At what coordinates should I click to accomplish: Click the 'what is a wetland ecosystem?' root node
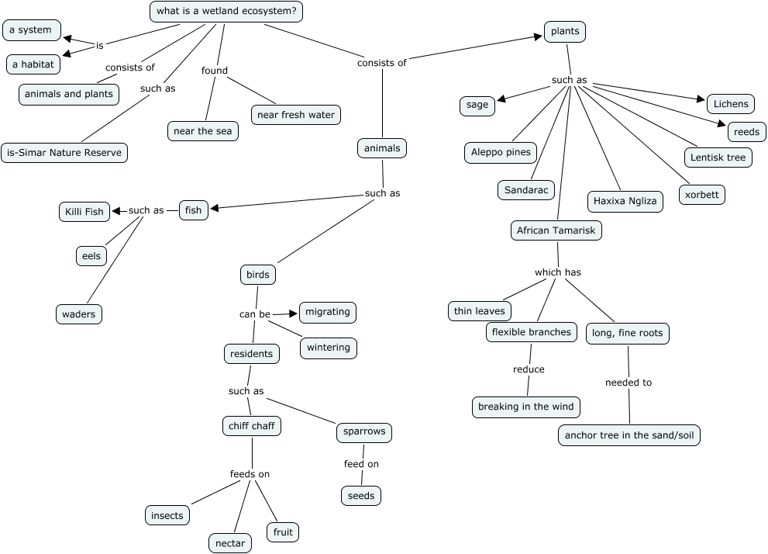point(226,12)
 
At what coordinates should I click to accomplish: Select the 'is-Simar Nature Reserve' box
point(64,153)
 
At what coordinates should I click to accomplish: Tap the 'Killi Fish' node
point(84,211)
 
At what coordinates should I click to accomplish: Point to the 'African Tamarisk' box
point(556,230)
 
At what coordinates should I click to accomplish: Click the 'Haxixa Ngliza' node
point(625,201)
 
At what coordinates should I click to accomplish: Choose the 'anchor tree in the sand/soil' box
point(629,435)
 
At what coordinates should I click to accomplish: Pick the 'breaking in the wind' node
point(525,407)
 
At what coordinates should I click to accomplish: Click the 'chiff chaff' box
point(251,426)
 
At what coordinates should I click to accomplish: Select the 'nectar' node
point(229,543)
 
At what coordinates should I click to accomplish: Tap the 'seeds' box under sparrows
point(361,495)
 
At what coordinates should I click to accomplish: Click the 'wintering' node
point(328,348)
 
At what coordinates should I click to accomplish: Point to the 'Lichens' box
point(731,104)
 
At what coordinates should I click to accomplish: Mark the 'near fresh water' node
point(296,115)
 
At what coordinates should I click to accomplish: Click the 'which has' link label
point(557,272)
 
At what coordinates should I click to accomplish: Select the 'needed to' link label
point(629,383)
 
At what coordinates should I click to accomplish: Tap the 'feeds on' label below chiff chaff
point(250,474)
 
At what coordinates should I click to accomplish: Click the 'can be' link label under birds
point(254,314)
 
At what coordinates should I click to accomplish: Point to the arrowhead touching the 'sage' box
point(501,99)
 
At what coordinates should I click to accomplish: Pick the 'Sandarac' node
point(526,189)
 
